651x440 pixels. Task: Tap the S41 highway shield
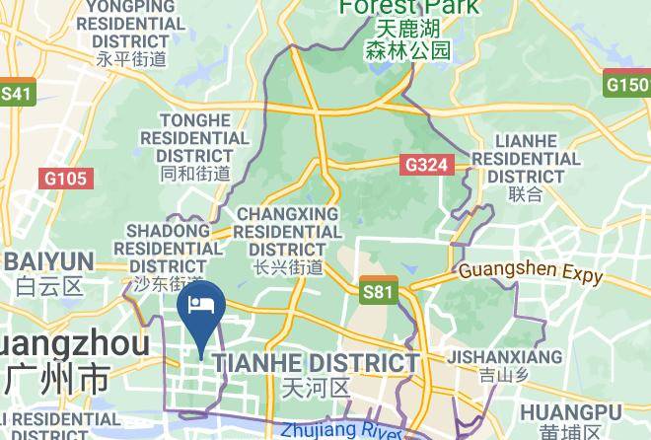[17, 94]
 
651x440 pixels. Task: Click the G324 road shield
[426, 165]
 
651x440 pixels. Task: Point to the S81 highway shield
[378, 291]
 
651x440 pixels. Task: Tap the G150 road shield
[627, 84]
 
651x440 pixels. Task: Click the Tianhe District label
[316, 363]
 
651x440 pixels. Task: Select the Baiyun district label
[47, 262]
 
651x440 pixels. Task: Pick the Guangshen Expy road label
[531, 271]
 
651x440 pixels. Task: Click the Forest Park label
[409, 8]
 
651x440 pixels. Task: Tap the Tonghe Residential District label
[194, 138]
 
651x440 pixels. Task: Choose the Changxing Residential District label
[287, 231]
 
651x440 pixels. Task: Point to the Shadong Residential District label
[168, 248]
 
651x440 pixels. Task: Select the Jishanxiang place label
[505, 357]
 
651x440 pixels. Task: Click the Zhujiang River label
[340, 431]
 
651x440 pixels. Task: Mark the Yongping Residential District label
[130, 24]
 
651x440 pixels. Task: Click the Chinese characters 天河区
[316, 387]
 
